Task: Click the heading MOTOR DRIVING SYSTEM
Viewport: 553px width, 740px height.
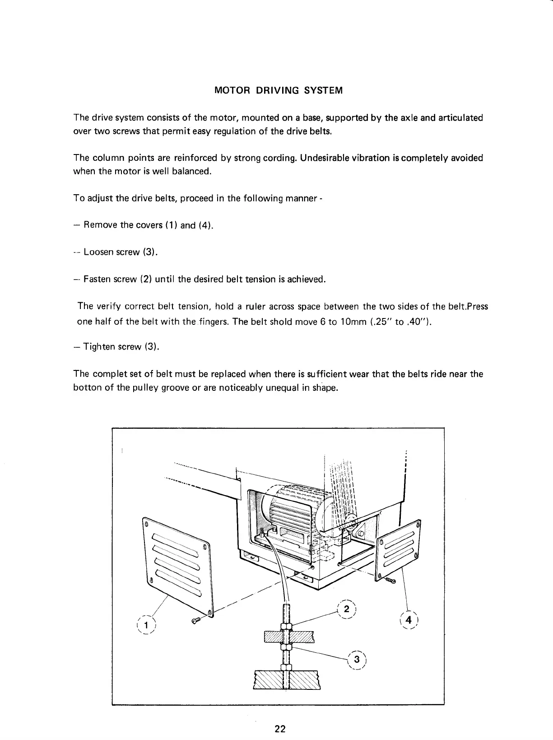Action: coord(278,90)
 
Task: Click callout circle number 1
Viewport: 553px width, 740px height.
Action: coord(146,625)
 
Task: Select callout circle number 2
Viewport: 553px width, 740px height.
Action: coord(346,609)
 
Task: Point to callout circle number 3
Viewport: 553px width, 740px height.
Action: coord(357,660)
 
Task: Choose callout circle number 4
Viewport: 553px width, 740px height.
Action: coord(409,620)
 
